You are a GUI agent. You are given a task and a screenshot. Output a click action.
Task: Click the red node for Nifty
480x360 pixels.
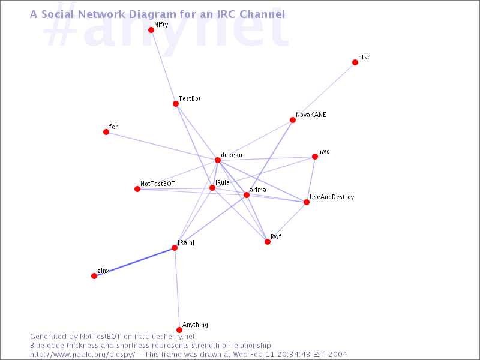coord(151,30)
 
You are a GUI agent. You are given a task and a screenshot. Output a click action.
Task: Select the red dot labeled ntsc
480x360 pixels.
coord(355,62)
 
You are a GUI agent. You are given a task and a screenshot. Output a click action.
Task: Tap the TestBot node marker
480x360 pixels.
coord(176,104)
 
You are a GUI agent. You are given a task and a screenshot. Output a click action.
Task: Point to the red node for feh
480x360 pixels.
coord(106,132)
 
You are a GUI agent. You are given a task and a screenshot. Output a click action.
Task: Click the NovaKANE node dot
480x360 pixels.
coord(293,120)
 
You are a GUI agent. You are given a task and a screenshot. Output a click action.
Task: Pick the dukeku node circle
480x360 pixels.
coord(218,160)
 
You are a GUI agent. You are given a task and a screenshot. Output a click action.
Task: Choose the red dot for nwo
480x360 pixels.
coord(314,157)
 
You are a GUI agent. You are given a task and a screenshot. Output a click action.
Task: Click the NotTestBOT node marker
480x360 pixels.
coord(137,189)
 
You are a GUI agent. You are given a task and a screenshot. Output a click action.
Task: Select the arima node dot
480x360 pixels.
coord(247,195)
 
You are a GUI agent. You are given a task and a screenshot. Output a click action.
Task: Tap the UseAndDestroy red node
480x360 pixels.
coord(307,202)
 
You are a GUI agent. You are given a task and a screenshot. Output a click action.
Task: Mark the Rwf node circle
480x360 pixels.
coord(268,242)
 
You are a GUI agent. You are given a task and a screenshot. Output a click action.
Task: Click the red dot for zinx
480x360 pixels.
coord(94,276)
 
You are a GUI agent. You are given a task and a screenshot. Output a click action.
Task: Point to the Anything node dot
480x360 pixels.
coord(179,330)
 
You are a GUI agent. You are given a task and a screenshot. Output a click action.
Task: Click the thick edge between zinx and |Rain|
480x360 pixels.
coord(134,262)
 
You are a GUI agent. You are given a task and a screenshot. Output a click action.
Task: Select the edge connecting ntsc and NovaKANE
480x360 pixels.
coord(324,91)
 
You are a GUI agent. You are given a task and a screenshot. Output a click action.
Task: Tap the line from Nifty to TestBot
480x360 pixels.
coord(163,67)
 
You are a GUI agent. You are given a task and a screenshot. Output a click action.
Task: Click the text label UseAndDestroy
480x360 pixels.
coord(332,197)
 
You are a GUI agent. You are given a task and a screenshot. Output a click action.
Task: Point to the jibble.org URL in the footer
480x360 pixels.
coord(82,355)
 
